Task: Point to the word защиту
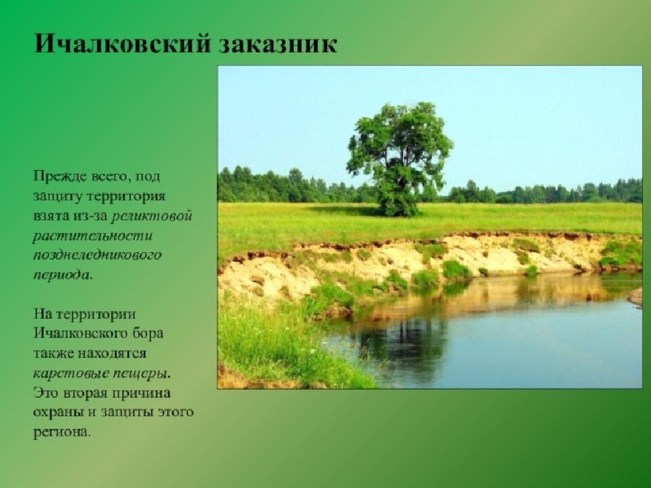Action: click(56, 197)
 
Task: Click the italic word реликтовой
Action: click(152, 216)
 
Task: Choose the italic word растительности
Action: click(93, 236)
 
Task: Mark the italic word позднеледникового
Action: click(98, 256)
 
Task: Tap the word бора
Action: click(147, 334)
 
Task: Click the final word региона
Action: click(61, 432)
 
